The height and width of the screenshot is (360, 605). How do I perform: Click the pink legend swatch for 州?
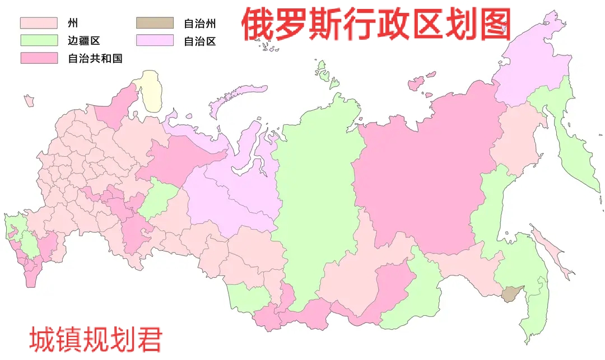(39, 23)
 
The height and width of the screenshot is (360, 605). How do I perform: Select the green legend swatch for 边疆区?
(39, 40)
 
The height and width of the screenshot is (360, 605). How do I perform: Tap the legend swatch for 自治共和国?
(39, 58)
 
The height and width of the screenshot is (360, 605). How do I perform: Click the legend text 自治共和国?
(95, 58)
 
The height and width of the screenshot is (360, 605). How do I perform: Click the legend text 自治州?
(200, 24)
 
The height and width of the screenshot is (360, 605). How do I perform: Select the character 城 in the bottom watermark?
(40, 339)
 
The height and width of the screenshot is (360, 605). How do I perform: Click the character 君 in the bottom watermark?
(150, 339)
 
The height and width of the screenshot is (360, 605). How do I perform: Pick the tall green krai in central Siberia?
(314, 196)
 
